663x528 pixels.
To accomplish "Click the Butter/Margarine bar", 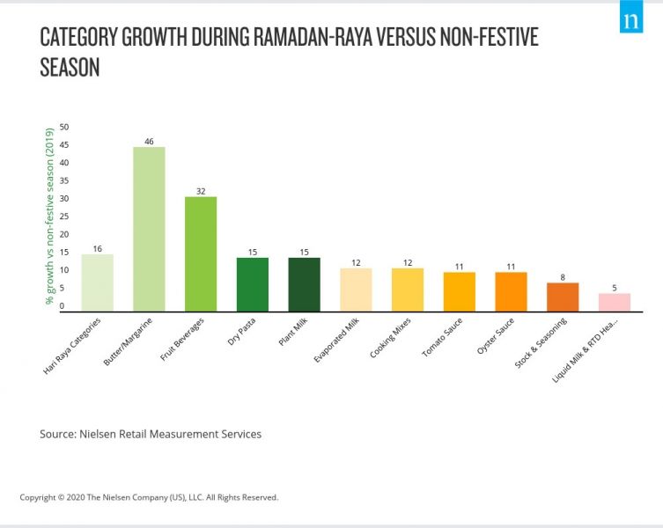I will pyautogui.click(x=149, y=229).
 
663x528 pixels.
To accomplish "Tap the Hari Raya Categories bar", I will pyautogui.click(x=97, y=282).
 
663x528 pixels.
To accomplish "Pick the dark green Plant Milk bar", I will pyautogui.click(x=304, y=284).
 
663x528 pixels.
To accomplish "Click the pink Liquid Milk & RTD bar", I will pyautogui.click(x=614, y=302).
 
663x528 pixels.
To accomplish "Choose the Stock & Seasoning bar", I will pyautogui.click(x=563, y=297).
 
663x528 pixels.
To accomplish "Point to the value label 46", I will pyautogui.click(x=149, y=141).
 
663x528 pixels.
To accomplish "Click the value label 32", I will pyautogui.click(x=201, y=190).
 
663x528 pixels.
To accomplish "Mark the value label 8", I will pyautogui.click(x=563, y=276).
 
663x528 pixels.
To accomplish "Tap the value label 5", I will pyautogui.click(x=614, y=287).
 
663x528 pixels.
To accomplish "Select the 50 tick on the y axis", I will pyautogui.click(x=64, y=128).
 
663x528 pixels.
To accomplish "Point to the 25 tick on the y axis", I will pyautogui.click(x=64, y=216).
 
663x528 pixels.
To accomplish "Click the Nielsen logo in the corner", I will pyautogui.click(x=630, y=19).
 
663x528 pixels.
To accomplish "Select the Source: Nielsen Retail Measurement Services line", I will pyautogui.click(x=151, y=434).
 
